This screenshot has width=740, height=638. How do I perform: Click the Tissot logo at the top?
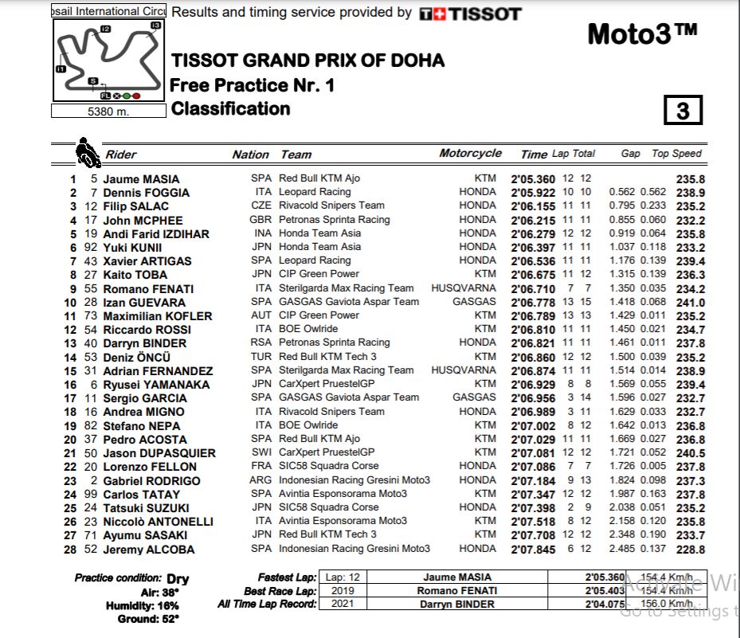(470, 14)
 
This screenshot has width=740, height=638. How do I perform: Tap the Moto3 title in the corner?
(642, 34)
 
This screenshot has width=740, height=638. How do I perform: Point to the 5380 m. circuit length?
(108, 112)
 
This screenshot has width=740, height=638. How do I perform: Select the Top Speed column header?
(676, 154)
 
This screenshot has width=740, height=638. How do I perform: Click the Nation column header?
(250, 155)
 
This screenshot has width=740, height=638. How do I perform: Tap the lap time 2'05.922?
(533, 193)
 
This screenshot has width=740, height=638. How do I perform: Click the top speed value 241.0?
(690, 303)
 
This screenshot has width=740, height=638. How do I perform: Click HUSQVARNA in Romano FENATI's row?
(463, 288)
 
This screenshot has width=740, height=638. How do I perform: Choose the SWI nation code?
(260, 452)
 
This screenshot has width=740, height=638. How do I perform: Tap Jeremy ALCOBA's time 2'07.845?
(533, 550)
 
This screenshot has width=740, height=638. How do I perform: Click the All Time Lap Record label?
(267, 605)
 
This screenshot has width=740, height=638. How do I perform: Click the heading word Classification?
(230, 109)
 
